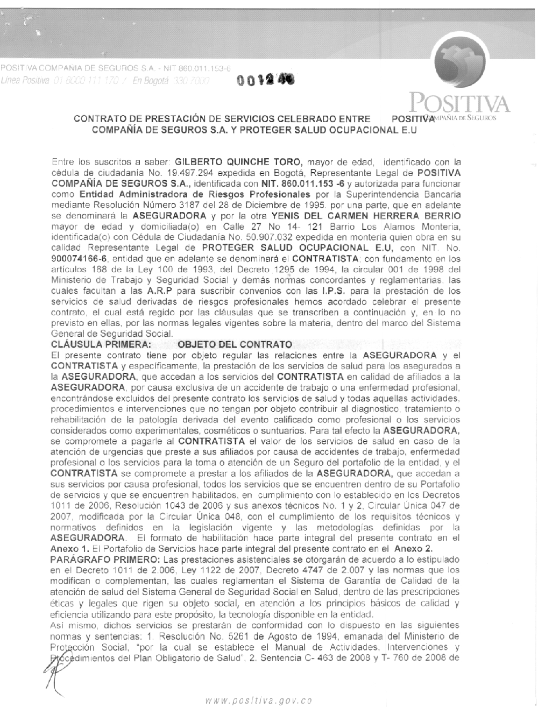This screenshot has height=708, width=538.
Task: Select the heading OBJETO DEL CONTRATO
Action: click(x=235, y=344)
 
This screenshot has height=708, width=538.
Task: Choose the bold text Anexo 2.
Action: click(x=414, y=549)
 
